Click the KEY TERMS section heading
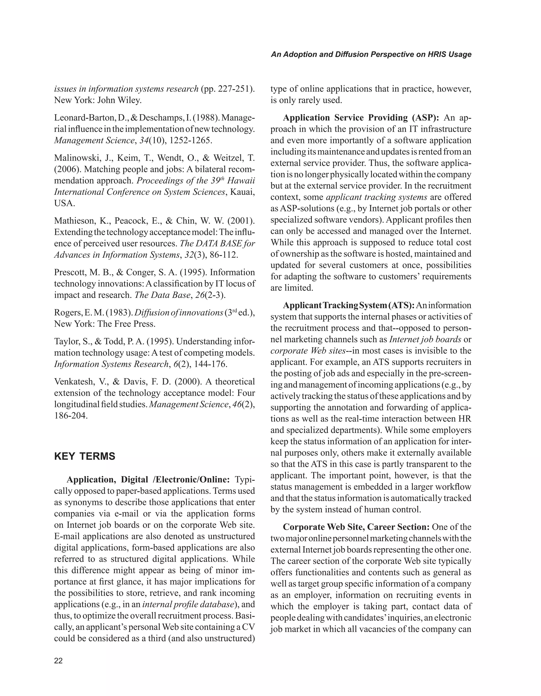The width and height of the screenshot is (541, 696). pyautogui.click(x=85, y=456)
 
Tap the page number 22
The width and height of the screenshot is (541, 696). pyautogui.click(x=59, y=661)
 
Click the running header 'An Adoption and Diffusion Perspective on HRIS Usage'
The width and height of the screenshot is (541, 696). pyautogui.click(x=371, y=54)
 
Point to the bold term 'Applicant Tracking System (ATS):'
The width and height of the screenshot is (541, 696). pyautogui.click(x=348, y=305)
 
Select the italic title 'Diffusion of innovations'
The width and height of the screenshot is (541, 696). pyautogui.click(x=179, y=313)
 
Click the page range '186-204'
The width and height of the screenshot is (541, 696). pyautogui.click(x=70, y=416)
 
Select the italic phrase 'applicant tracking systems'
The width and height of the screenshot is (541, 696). pyautogui.click(x=377, y=197)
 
